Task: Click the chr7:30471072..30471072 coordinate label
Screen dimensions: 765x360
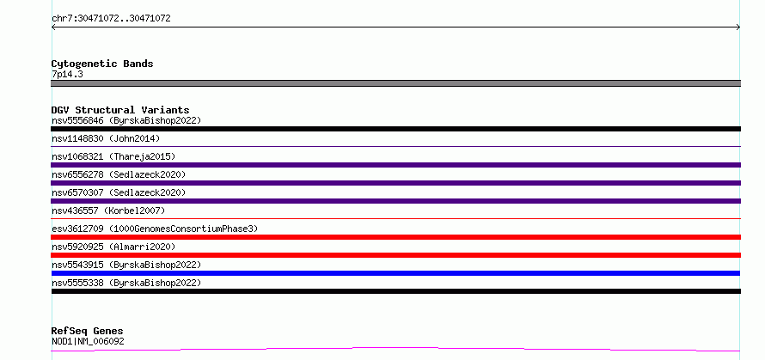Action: tap(111, 19)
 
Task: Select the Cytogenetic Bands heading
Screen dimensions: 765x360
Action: tap(102, 64)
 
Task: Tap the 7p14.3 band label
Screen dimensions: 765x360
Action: tap(67, 74)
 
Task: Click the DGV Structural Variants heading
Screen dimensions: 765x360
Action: tap(120, 110)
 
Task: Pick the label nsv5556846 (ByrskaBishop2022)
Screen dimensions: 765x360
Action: tap(126, 120)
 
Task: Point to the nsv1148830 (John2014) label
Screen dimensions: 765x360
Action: tap(106, 138)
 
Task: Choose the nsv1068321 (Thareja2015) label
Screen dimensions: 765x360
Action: tap(113, 156)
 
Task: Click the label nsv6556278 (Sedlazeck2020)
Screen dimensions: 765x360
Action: tap(119, 174)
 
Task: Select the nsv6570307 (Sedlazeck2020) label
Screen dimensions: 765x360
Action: tap(119, 192)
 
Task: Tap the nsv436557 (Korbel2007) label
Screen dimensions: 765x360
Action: tap(108, 211)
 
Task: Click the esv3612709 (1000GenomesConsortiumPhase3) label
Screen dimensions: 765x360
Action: tap(155, 229)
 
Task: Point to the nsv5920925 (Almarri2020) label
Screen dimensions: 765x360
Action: tap(113, 247)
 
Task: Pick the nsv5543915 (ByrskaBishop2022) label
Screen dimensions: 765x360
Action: tap(126, 265)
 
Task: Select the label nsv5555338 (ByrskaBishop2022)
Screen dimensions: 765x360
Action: tap(126, 283)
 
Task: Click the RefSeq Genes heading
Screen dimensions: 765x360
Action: tap(88, 332)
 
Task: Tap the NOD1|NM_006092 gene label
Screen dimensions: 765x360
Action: tap(88, 341)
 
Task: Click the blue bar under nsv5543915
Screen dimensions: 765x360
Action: tap(395, 273)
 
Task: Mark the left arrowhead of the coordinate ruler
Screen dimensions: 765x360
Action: tap(52, 27)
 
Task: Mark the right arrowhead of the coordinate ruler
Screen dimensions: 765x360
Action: tap(739, 27)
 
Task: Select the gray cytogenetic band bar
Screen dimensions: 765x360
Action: tap(395, 83)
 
